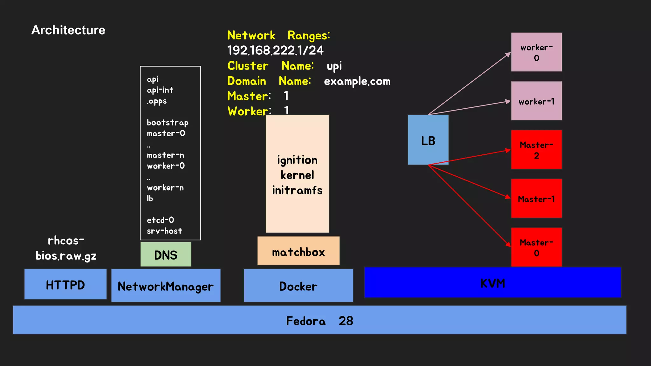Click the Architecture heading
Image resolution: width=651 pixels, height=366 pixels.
[68, 30]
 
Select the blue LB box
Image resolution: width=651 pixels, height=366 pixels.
[428, 140]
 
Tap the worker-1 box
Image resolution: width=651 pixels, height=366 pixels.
[536, 101]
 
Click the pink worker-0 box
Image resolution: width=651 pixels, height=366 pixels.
[536, 52]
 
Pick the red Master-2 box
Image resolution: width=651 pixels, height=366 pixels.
[536, 150]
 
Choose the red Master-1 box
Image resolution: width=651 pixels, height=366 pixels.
[536, 199]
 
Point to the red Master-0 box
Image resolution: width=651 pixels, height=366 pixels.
[536, 247]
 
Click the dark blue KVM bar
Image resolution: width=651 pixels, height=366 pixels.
[492, 283]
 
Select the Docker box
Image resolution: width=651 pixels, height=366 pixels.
[298, 286]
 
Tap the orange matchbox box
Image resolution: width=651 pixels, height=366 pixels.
[298, 251]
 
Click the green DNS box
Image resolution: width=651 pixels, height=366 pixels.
[166, 254]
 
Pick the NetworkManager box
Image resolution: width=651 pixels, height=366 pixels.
[166, 286]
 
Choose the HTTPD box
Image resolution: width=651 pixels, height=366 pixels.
[65, 284]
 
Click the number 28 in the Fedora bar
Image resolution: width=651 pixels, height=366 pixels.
[346, 321]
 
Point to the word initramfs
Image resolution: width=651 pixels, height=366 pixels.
[297, 190]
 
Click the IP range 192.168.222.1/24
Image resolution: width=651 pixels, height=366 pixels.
[275, 50]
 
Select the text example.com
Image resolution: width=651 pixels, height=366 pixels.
[357, 81]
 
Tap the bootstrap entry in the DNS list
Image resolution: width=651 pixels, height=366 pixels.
[168, 123]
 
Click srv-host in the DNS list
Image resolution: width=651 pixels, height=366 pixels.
[164, 231]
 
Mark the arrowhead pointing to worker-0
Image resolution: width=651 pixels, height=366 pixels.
[508, 54]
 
